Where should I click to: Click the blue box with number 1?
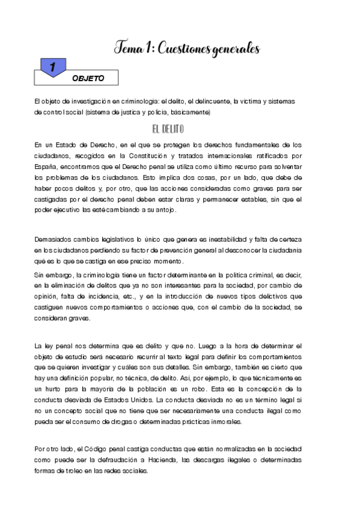pyautogui.click(x=53, y=68)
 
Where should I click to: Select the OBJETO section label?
pyautogui.click(x=88, y=78)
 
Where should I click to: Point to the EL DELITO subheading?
pyautogui.click(x=168, y=129)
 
